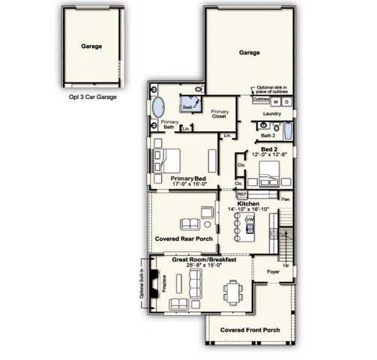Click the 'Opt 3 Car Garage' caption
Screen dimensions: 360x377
92,97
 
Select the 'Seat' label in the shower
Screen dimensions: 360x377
186,107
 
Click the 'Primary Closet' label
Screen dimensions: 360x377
220,114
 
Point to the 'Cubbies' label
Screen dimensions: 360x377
261,98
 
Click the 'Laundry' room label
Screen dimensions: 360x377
271,114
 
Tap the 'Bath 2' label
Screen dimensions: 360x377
268,136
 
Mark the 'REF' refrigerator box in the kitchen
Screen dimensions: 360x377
242,193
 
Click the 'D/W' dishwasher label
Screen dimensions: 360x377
249,219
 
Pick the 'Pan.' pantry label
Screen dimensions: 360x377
286,199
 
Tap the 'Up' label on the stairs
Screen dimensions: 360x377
286,265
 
